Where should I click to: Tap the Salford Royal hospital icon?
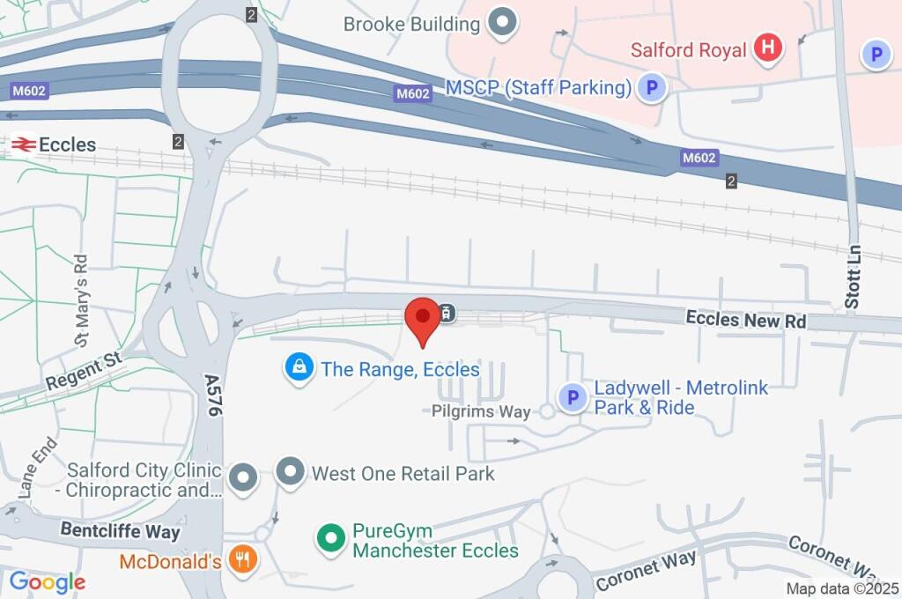[x=768, y=48]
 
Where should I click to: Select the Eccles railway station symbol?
[x=22, y=144]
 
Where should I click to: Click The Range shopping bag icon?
[x=299, y=368]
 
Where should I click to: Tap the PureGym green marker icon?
[x=331, y=537]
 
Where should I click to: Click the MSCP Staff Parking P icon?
[x=652, y=87]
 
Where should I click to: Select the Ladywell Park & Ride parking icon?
[x=573, y=398]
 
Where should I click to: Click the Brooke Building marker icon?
[x=502, y=24]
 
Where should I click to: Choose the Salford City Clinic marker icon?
[x=242, y=479]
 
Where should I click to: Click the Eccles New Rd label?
[x=746, y=319]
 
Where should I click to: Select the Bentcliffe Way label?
[x=120, y=531]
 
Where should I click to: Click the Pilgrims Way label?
[x=481, y=411]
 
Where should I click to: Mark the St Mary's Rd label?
[x=81, y=299]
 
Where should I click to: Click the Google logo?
[x=47, y=581]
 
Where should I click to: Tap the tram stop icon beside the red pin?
[x=447, y=313]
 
